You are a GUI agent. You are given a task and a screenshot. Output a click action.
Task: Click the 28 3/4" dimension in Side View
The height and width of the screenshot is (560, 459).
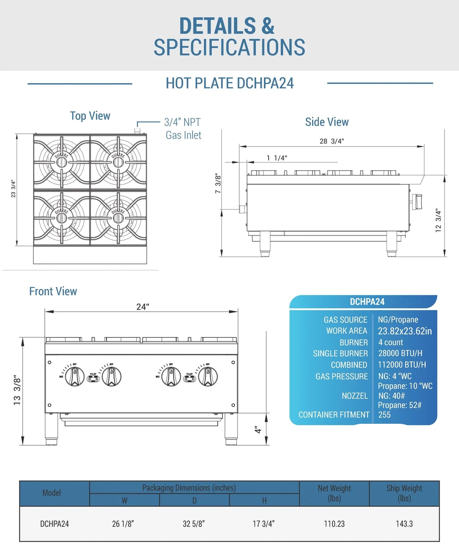point(332,141)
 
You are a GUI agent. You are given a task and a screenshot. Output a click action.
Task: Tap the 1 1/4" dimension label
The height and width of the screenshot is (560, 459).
point(277,158)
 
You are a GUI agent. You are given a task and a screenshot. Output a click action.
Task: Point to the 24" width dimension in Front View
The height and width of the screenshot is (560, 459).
point(143,307)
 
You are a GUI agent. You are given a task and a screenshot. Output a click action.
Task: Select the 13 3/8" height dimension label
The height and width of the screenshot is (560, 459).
point(17,391)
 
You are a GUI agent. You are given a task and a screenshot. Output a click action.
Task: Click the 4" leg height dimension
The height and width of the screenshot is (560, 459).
point(258,430)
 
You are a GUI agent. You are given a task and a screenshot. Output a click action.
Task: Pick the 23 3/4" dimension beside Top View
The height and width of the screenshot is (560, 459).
point(13,188)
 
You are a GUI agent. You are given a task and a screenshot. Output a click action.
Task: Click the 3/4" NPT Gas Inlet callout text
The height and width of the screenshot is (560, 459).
point(183,129)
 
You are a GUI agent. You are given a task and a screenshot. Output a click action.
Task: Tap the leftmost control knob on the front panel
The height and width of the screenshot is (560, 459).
point(75,376)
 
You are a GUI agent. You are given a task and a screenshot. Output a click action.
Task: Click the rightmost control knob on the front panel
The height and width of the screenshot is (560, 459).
point(208,376)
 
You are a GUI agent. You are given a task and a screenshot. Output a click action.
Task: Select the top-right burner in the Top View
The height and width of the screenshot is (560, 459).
point(118,162)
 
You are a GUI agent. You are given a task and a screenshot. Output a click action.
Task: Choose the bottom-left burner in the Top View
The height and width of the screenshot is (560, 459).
point(62,218)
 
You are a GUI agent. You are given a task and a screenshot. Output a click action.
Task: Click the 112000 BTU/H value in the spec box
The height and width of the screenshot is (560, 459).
point(402,365)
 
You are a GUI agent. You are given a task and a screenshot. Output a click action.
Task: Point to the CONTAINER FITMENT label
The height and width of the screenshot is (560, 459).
point(334,415)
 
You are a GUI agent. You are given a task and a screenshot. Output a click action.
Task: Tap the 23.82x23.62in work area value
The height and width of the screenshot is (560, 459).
point(405,331)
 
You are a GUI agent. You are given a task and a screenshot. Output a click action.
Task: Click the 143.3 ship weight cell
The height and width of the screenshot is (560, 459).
point(404,524)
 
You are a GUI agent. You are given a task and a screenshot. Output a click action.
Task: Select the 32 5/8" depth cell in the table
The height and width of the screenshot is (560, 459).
point(194,524)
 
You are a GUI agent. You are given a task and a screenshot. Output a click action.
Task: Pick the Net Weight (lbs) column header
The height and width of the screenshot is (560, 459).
point(334,493)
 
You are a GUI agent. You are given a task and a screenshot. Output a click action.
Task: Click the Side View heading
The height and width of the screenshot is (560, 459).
point(327,122)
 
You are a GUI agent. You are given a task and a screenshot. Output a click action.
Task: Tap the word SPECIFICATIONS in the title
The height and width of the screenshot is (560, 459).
point(229,47)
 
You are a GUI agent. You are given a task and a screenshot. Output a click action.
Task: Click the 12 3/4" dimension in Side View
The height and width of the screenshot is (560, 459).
point(438,221)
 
